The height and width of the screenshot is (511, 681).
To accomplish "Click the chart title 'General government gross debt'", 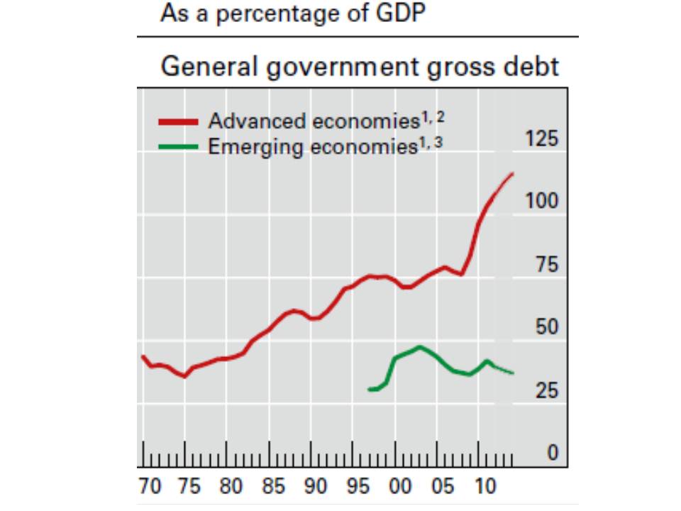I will pos(360,67).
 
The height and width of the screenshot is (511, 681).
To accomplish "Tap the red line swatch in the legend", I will pos(178,122).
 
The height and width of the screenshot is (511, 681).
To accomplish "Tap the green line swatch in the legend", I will pos(178,148).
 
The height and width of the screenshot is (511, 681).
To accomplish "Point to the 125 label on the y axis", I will pos(542,138).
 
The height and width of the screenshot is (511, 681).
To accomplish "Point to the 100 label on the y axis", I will pos(542,202).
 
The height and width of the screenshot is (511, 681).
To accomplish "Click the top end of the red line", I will pos(513,173).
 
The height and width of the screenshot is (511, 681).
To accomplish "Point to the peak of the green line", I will pos(420,346).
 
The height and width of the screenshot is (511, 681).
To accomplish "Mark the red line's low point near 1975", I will pos(184,377).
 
